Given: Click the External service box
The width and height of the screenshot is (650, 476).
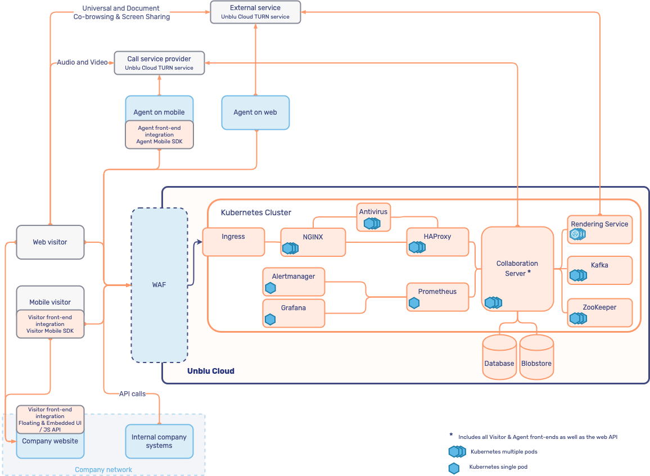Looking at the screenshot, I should tap(255, 12).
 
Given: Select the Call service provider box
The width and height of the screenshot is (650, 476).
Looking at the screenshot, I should tap(159, 63).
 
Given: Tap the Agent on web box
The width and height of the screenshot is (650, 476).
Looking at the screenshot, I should tap(255, 112).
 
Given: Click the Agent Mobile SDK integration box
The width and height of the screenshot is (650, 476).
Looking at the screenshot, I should tap(159, 135).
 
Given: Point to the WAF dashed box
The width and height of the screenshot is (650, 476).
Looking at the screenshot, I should tap(159, 285).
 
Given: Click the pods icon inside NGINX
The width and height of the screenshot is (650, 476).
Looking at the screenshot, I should tap(290, 248).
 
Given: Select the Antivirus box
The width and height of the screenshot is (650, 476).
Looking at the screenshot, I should tap(373, 217).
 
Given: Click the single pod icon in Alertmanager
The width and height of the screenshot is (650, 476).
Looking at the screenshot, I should tap(270, 288).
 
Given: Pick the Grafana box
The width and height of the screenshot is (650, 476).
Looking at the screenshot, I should tap(294, 313).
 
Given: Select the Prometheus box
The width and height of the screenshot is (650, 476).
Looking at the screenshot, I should tap(437, 297).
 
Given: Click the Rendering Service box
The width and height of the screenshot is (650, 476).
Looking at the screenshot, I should tap(599, 229).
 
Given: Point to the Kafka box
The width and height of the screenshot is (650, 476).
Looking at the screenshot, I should tap(599, 270).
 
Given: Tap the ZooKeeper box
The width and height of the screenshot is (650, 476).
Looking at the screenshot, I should tap(599, 312).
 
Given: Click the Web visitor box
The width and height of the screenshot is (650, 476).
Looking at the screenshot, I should tap(50, 242).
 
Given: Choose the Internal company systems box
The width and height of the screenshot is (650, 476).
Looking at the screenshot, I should tap(159, 441).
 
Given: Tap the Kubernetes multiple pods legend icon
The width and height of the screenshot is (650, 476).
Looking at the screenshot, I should tap(457, 451).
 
